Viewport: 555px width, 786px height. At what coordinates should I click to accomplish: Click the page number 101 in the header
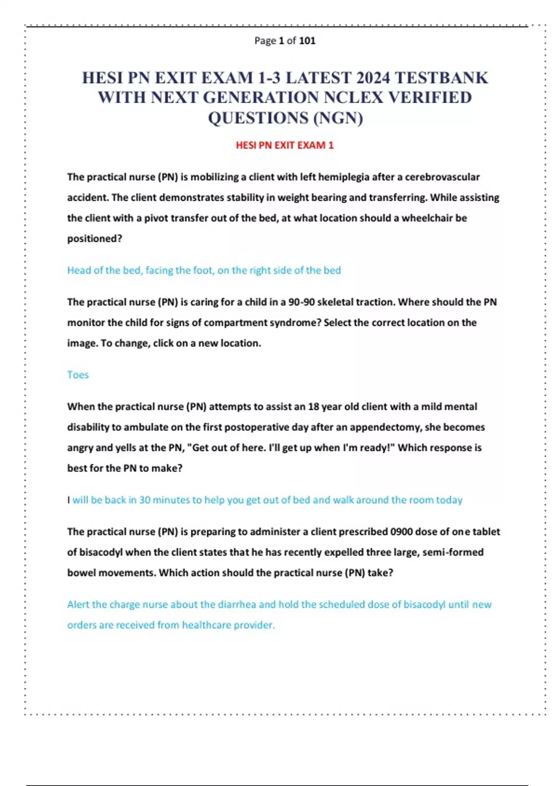click(x=307, y=41)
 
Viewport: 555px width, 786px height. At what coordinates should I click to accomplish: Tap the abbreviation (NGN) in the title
click(x=338, y=118)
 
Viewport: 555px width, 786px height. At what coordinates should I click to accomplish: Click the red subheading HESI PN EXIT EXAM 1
click(x=284, y=145)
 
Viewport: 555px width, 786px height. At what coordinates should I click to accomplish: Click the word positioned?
click(x=94, y=239)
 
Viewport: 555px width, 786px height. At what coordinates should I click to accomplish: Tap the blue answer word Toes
click(x=78, y=375)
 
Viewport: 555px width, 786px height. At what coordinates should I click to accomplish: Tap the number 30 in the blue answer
click(x=145, y=500)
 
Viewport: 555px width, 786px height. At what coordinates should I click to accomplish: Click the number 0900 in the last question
click(x=401, y=532)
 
